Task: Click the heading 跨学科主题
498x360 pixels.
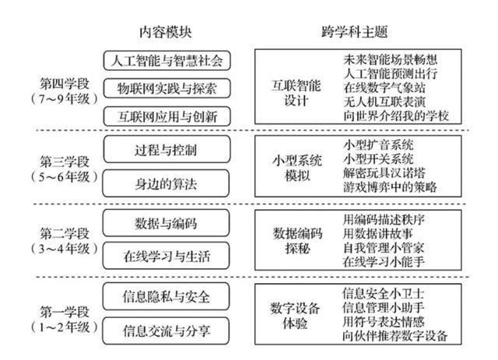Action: (x=355, y=33)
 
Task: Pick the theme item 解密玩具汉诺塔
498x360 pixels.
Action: (x=384, y=173)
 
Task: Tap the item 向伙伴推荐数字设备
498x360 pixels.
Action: (x=395, y=336)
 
